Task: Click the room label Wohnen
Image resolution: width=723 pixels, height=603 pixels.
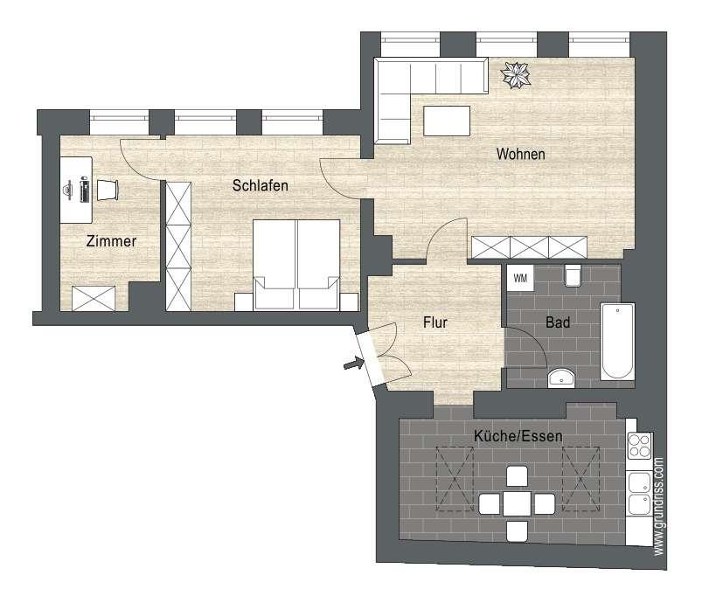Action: pos(520,154)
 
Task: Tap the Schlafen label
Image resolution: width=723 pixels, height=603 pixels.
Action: pos(260,185)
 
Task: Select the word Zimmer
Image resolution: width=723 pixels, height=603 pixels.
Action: pos(111,240)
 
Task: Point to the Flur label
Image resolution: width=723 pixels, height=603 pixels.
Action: pos(434,322)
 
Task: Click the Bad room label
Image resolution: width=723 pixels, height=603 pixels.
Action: pos(558,322)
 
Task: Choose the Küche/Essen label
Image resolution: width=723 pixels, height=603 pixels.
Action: pos(518,436)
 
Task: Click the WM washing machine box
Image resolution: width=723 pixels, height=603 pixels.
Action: pos(520,278)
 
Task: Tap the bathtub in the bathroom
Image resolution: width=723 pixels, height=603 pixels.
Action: pos(617,341)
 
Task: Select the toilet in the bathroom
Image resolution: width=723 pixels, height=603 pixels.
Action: pos(573,275)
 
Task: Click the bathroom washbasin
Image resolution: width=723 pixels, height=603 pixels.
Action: pos(561,378)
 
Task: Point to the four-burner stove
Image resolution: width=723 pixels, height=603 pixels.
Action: pos(640,446)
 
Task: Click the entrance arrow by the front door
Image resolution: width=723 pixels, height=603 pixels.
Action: pos(352,364)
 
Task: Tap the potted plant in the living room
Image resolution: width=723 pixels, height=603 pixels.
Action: pos(516,75)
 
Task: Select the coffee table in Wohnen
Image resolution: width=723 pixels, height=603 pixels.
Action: pos(447,121)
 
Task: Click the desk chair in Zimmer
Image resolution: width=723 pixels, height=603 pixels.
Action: pos(108,190)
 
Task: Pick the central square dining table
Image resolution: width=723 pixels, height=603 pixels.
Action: pos(517,503)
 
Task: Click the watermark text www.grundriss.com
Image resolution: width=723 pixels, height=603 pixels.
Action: pos(658,506)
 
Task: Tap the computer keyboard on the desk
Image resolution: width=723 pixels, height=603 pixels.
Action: pos(84,190)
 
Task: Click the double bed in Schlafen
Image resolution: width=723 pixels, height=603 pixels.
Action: pos(296,264)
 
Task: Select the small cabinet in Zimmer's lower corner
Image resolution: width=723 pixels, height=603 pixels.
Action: pos(94,298)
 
